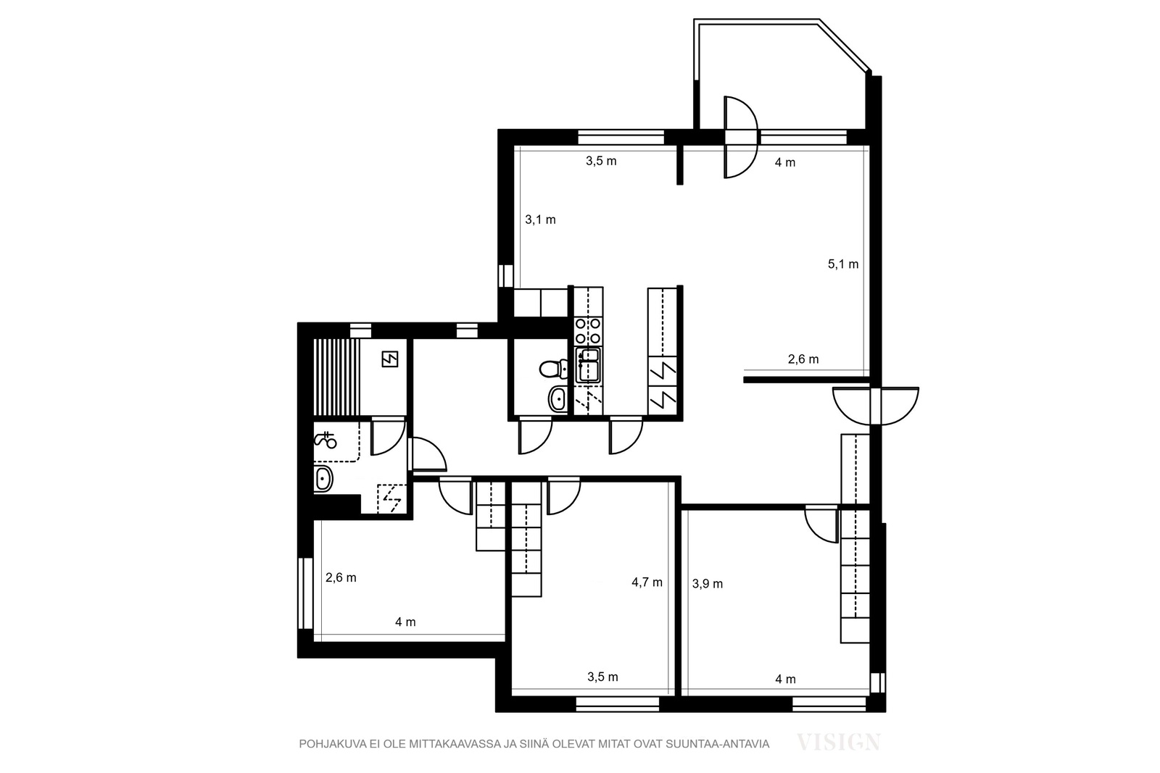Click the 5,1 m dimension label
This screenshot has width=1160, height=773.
tap(843, 264)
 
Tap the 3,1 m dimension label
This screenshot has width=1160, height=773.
tap(540, 220)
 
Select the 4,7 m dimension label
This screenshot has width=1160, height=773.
tap(647, 582)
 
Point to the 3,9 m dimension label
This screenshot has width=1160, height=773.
tap(708, 584)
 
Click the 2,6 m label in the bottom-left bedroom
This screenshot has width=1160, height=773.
tap(341, 578)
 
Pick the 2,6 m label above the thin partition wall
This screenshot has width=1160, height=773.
tap(803, 359)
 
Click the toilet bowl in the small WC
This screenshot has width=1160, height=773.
tap(553, 369)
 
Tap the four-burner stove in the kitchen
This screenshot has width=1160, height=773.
tap(588, 331)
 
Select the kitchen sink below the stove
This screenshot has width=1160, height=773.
tap(588, 365)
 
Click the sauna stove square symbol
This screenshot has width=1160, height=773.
tap(390, 359)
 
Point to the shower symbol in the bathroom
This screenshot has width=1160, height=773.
tap(326, 440)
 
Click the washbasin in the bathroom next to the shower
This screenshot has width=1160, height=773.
tap(323, 479)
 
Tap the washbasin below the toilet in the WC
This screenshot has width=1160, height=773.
tap(558, 398)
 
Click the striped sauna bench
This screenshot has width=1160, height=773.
tap(336, 377)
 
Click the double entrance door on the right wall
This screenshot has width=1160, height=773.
tap(876, 406)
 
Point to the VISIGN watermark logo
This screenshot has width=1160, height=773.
tap(838, 742)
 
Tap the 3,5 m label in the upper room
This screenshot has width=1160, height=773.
tap(601, 161)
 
